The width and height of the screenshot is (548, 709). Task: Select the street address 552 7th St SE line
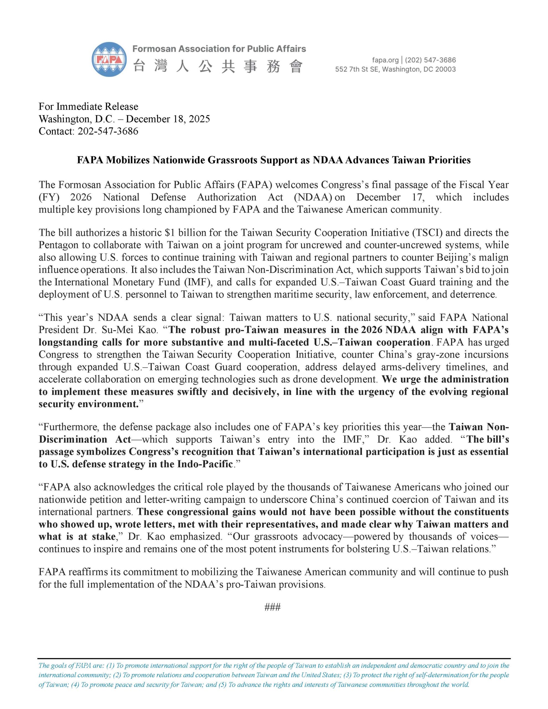click(x=395, y=69)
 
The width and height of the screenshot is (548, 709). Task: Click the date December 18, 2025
click(x=168, y=119)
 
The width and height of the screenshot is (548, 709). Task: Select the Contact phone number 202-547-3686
click(x=108, y=131)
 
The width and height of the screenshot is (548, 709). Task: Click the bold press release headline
click(x=273, y=160)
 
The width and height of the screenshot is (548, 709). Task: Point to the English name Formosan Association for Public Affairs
click(x=219, y=49)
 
